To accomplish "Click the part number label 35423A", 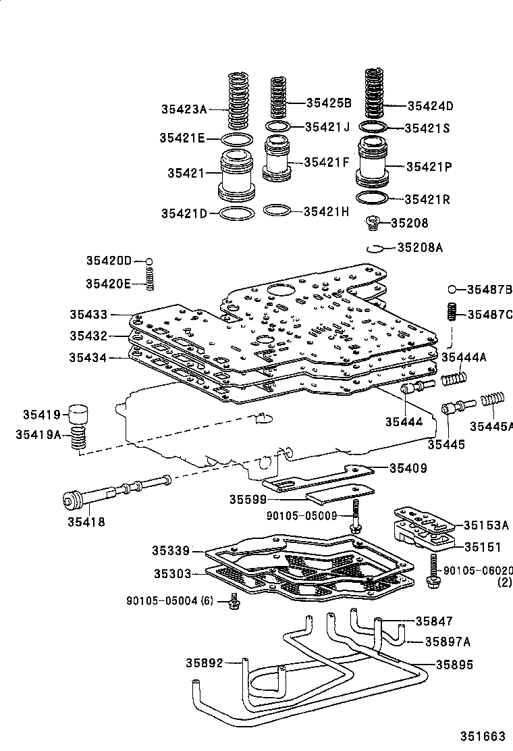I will [183, 108].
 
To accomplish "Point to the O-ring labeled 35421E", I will [237, 139].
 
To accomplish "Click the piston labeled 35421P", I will [371, 164].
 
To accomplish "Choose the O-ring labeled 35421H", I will [277, 211].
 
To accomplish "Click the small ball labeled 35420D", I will [151, 261].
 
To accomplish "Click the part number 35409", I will [407, 467].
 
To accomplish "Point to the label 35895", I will [454, 665].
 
